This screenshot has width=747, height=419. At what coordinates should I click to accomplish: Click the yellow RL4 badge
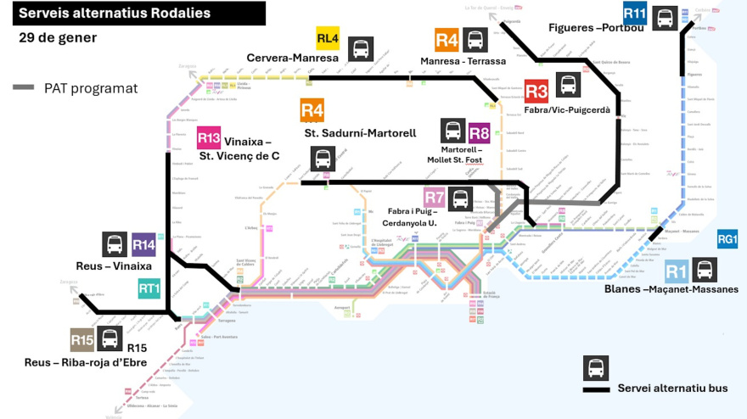click(328, 39)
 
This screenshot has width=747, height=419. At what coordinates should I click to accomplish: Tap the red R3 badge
click(536, 91)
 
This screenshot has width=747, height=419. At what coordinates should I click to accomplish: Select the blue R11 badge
click(635, 14)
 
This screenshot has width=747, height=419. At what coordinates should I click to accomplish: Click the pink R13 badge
click(209, 137)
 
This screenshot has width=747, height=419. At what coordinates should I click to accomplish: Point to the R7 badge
click(435, 198)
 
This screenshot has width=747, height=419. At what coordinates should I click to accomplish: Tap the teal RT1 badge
click(149, 288)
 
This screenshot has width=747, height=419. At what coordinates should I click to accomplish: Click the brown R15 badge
click(81, 340)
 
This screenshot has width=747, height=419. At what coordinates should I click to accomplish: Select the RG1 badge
click(727, 240)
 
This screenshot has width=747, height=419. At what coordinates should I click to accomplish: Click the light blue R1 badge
click(676, 271)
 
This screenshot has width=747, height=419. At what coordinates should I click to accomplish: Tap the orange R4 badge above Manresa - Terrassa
click(447, 40)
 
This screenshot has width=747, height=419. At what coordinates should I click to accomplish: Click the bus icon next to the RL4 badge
click(362, 47)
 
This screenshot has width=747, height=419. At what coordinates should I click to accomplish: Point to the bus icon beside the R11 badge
click(666, 17)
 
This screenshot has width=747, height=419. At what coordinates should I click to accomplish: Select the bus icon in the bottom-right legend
click(596, 368)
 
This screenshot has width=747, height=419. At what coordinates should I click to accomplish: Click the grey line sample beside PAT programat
click(25, 87)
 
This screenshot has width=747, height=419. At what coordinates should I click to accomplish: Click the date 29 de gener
click(58, 38)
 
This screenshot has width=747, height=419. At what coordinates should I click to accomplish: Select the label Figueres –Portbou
click(597, 28)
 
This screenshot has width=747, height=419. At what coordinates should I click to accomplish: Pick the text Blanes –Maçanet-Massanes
click(671, 289)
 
